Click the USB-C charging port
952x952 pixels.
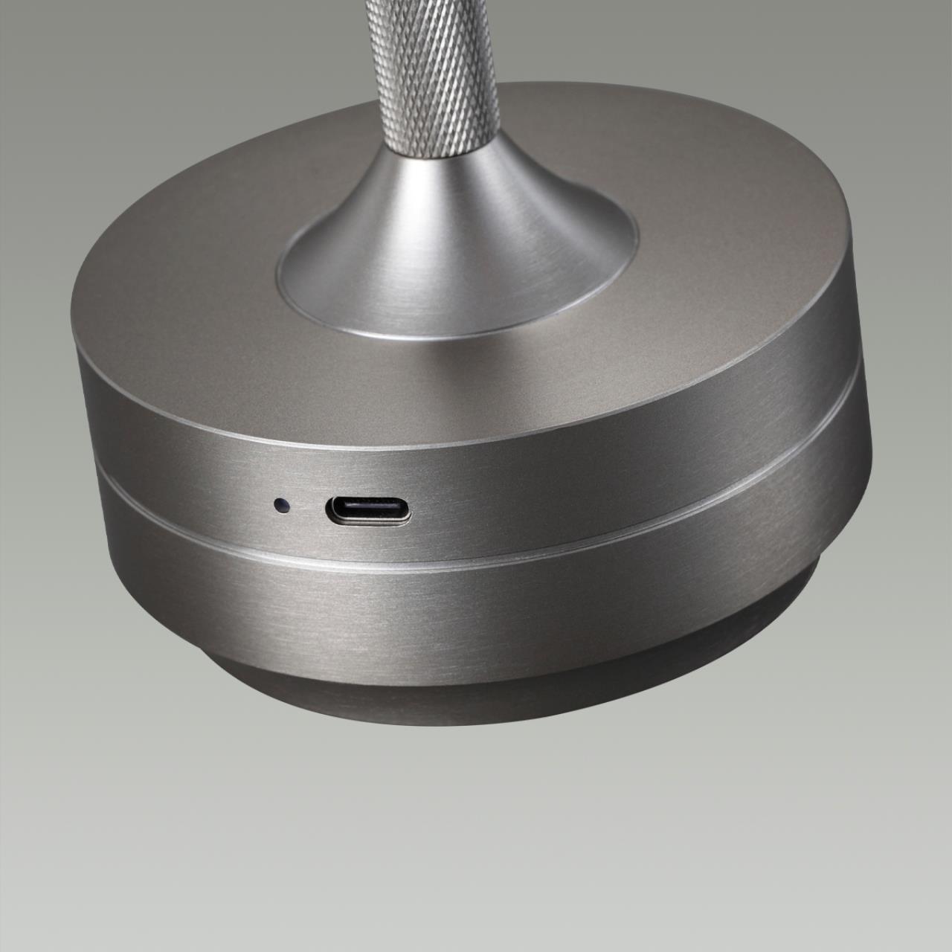(x=367, y=510)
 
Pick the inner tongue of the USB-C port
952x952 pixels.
(x=367, y=510)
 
